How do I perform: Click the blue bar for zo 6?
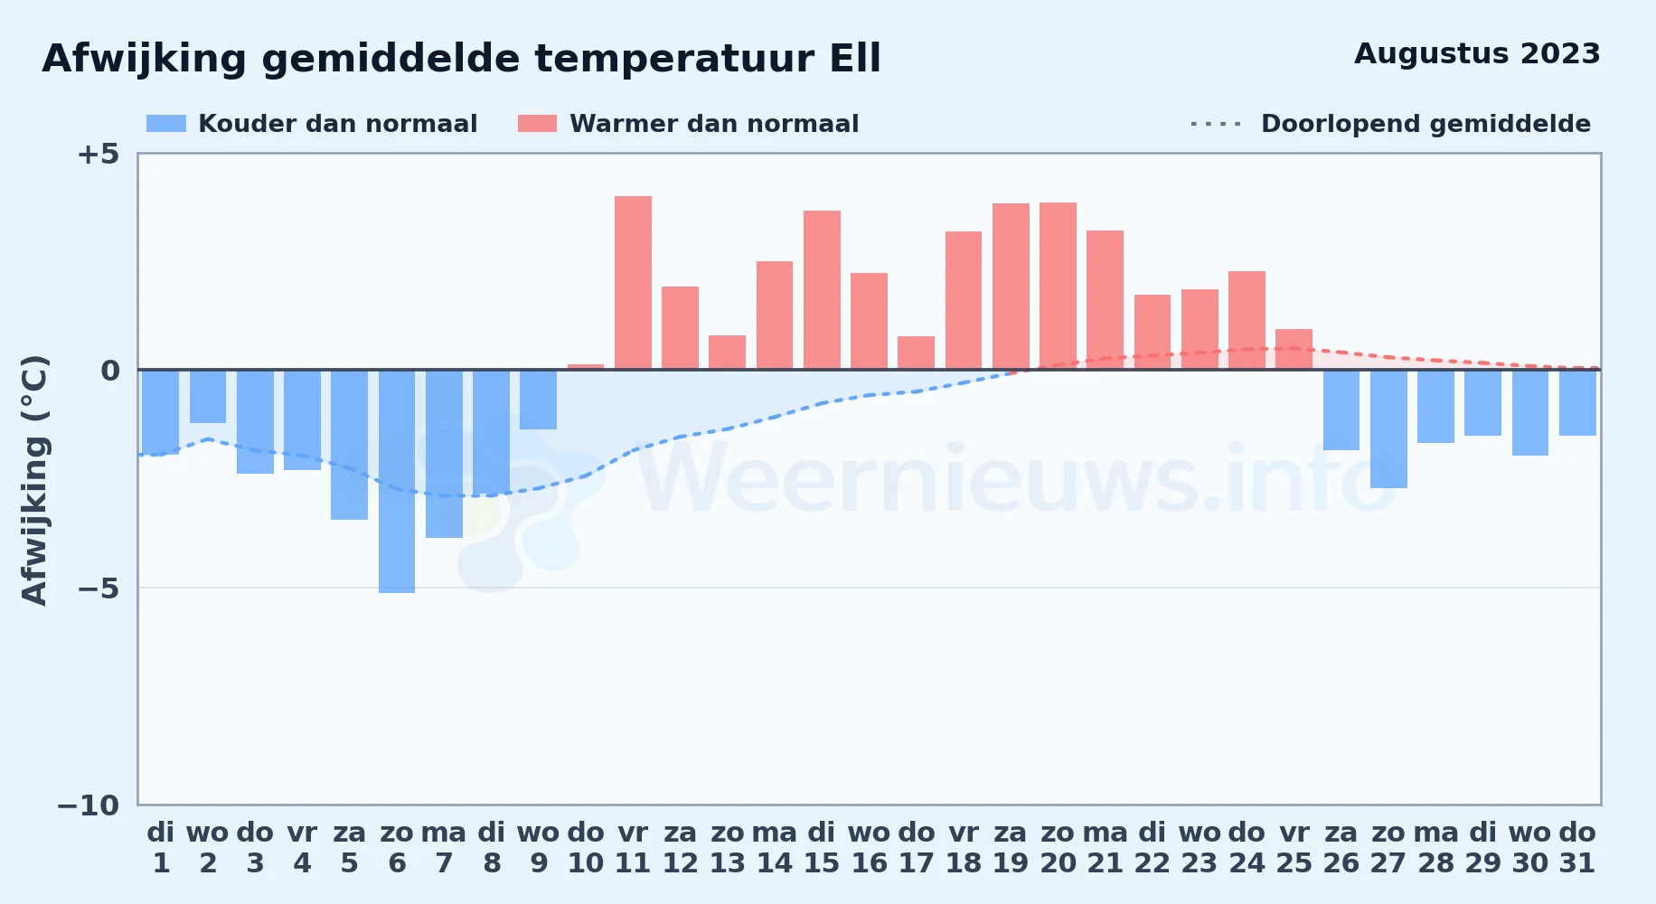coord(397,481)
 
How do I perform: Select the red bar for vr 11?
coord(633,283)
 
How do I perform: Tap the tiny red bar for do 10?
coord(586,367)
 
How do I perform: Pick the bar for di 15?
coord(822,290)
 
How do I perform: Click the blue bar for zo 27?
coord(1388,428)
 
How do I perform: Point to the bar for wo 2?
coord(208,396)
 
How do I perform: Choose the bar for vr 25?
coord(1294,349)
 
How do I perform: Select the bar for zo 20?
coord(1058,286)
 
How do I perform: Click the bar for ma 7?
coord(444,454)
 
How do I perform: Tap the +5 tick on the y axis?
coord(98,154)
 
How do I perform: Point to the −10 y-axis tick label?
coord(89,805)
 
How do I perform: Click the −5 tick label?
coord(98,589)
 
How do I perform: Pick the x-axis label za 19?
coord(1011,848)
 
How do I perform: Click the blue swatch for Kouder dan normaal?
coord(166,124)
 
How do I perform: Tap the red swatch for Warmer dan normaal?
coord(538,124)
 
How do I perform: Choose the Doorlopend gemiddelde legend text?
coord(1425,124)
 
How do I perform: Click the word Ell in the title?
coord(855,59)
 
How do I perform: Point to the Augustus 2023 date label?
coord(1477,54)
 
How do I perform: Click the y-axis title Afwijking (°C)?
coord(34,480)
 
